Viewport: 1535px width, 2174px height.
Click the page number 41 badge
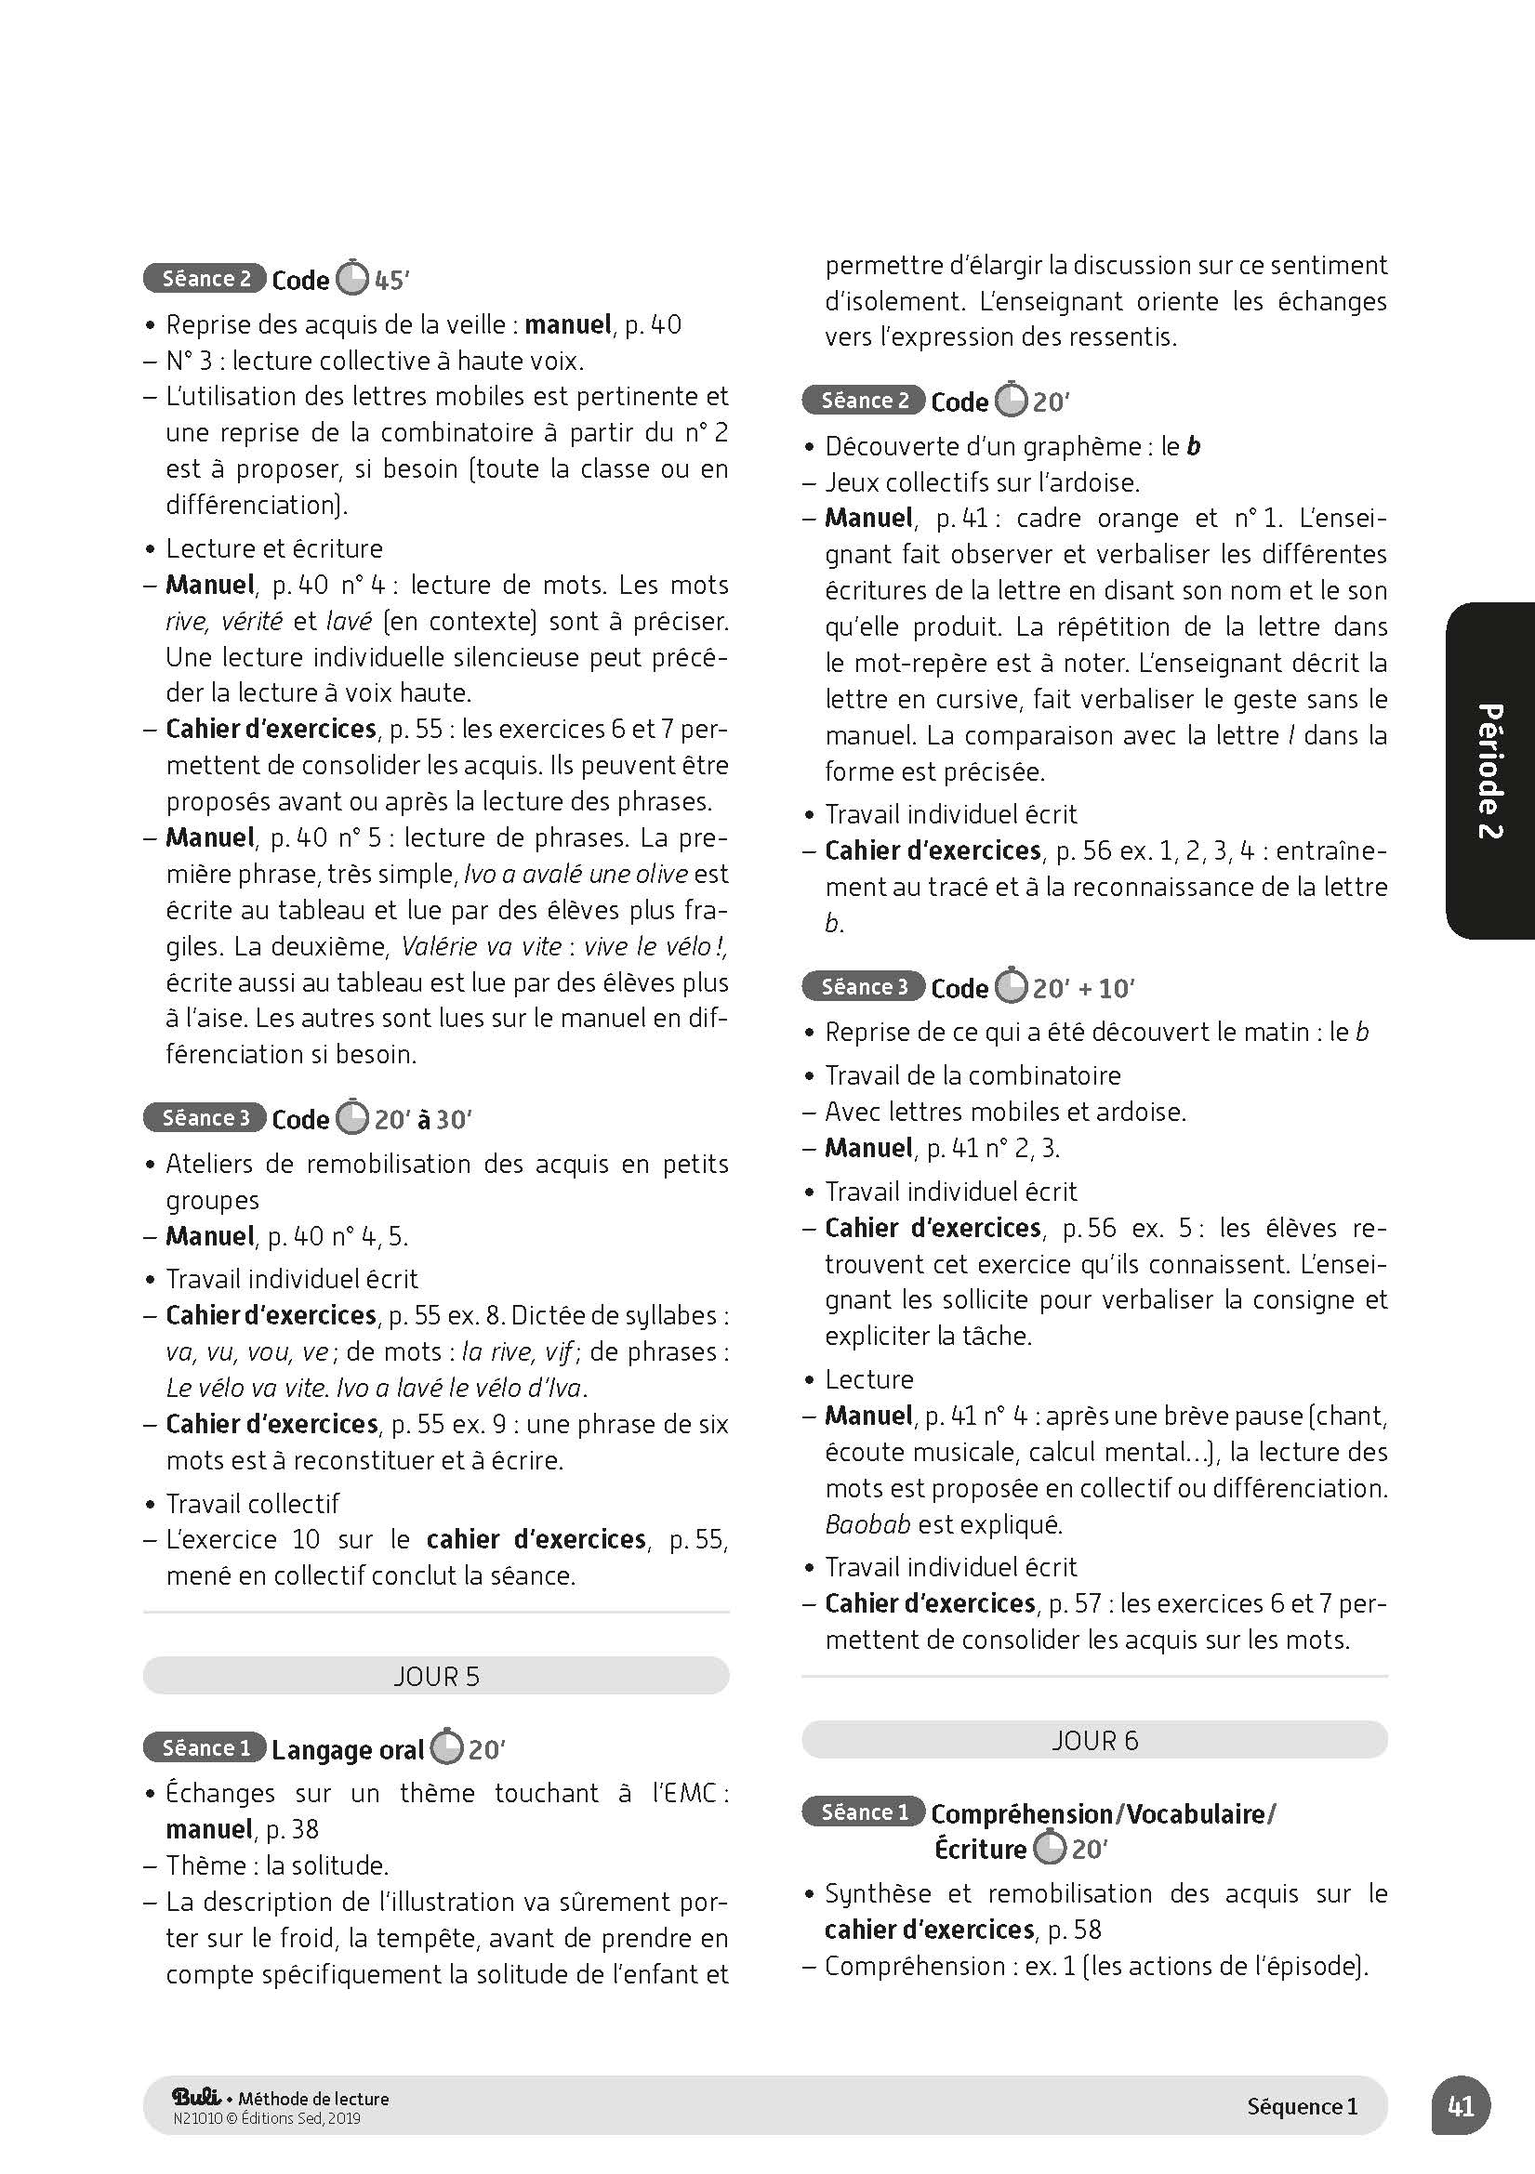click(x=1461, y=2106)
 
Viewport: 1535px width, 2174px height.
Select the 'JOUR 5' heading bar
click(x=436, y=1676)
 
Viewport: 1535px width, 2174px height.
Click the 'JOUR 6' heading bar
click(x=1093, y=1740)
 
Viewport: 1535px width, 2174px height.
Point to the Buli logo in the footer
click(x=197, y=2097)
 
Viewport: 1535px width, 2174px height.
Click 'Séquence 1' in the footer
click(x=1302, y=2106)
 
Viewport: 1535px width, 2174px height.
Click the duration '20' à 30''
click(x=422, y=1119)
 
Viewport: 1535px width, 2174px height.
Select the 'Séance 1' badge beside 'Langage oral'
click(x=205, y=1748)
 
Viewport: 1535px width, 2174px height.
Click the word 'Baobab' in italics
click(x=867, y=1523)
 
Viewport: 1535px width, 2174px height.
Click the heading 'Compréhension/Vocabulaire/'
click(x=1104, y=1813)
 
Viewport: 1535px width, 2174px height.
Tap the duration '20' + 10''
click(x=1083, y=989)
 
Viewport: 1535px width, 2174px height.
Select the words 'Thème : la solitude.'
click(x=277, y=1865)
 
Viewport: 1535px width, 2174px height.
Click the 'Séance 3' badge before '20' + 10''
click(x=864, y=987)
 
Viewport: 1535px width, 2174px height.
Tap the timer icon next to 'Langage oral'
click(x=447, y=1748)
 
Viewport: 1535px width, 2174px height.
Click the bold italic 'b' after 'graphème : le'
click(x=1193, y=446)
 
